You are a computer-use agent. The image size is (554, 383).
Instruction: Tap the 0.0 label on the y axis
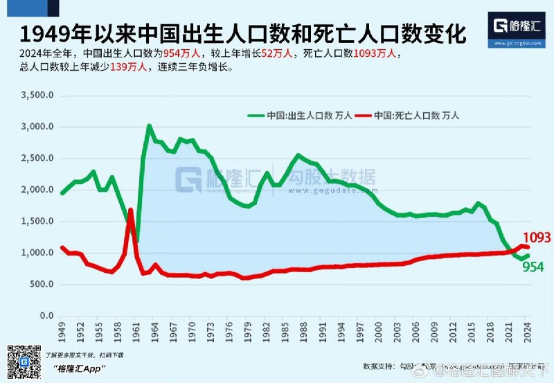click(x=46, y=317)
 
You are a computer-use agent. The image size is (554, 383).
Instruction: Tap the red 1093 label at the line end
click(x=537, y=238)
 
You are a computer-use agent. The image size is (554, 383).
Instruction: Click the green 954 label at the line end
click(x=533, y=267)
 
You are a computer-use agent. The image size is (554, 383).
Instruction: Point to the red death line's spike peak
click(x=131, y=209)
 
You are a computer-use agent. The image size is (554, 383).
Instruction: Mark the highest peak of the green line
click(x=149, y=126)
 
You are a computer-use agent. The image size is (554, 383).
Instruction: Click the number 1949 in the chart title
click(x=41, y=33)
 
